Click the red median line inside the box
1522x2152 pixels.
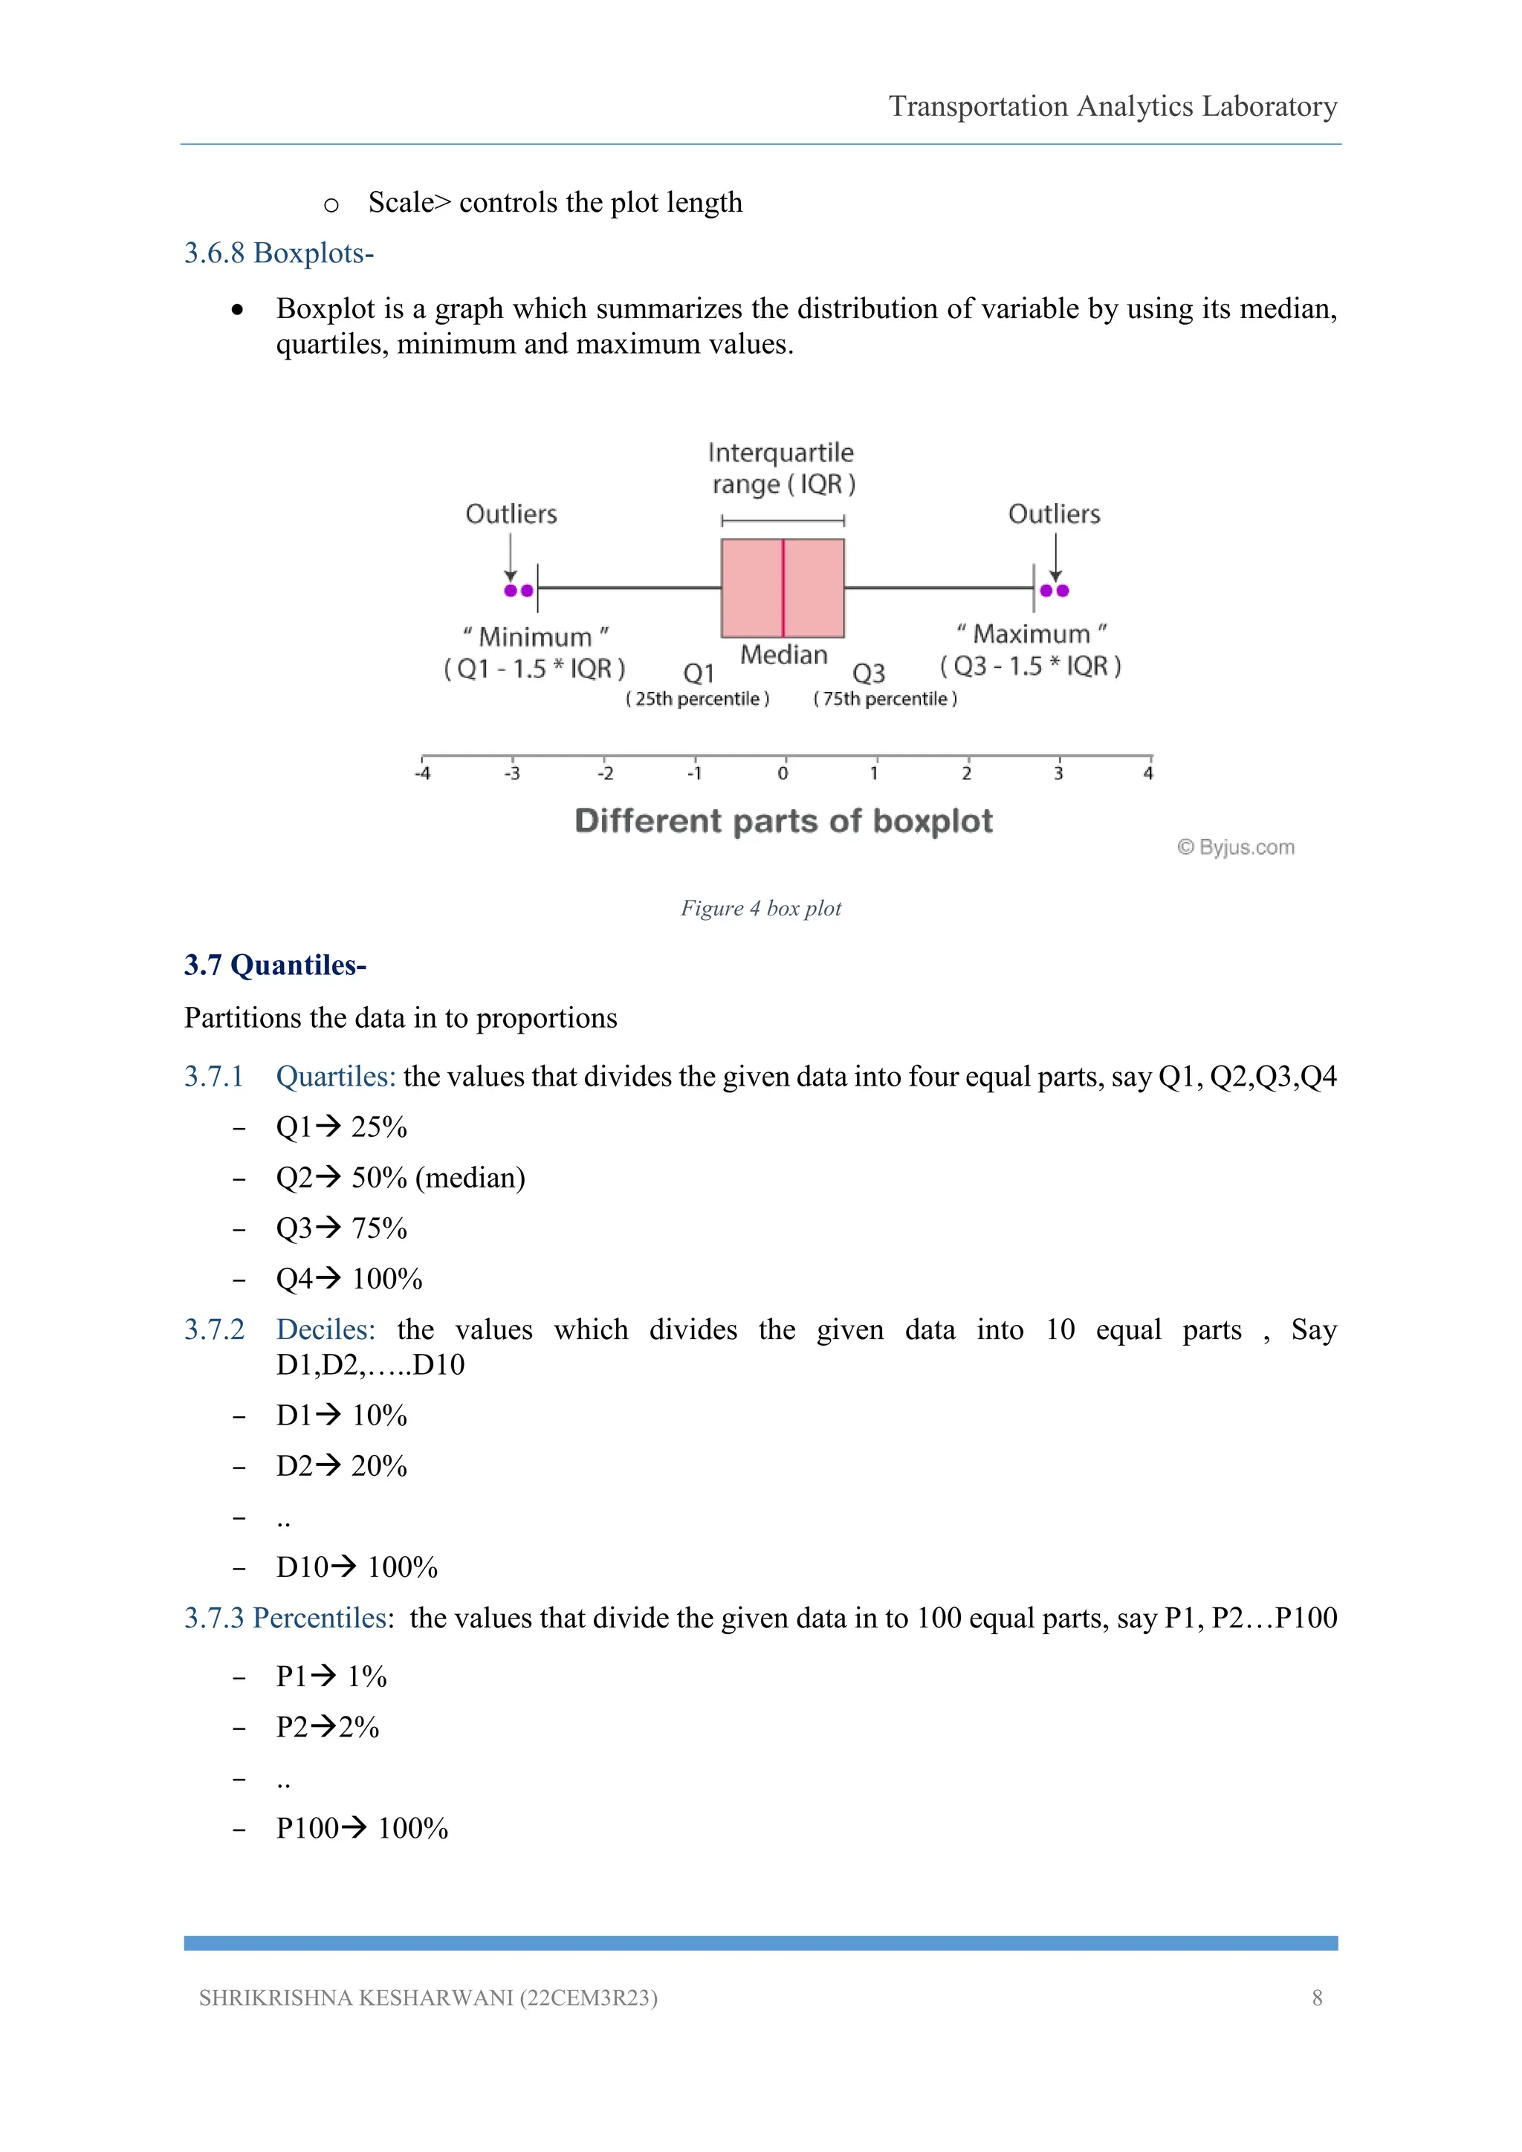point(783,588)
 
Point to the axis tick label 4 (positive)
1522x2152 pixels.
point(1148,774)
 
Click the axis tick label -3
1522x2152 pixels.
point(512,774)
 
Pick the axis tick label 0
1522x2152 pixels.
point(783,774)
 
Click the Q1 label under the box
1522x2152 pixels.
point(699,673)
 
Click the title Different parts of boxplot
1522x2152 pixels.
point(783,821)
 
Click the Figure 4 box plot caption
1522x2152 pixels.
point(760,908)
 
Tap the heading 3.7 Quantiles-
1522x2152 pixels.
point(274,965)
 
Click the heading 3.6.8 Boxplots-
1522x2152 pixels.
point(279,253)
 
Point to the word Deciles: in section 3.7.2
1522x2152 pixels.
point(326,1329)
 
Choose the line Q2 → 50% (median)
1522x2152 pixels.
point(400,1177)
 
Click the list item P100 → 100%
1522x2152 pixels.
point(362,1828)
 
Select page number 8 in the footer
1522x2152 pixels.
point(1317,1997)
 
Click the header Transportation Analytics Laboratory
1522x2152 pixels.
point(1113,106)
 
